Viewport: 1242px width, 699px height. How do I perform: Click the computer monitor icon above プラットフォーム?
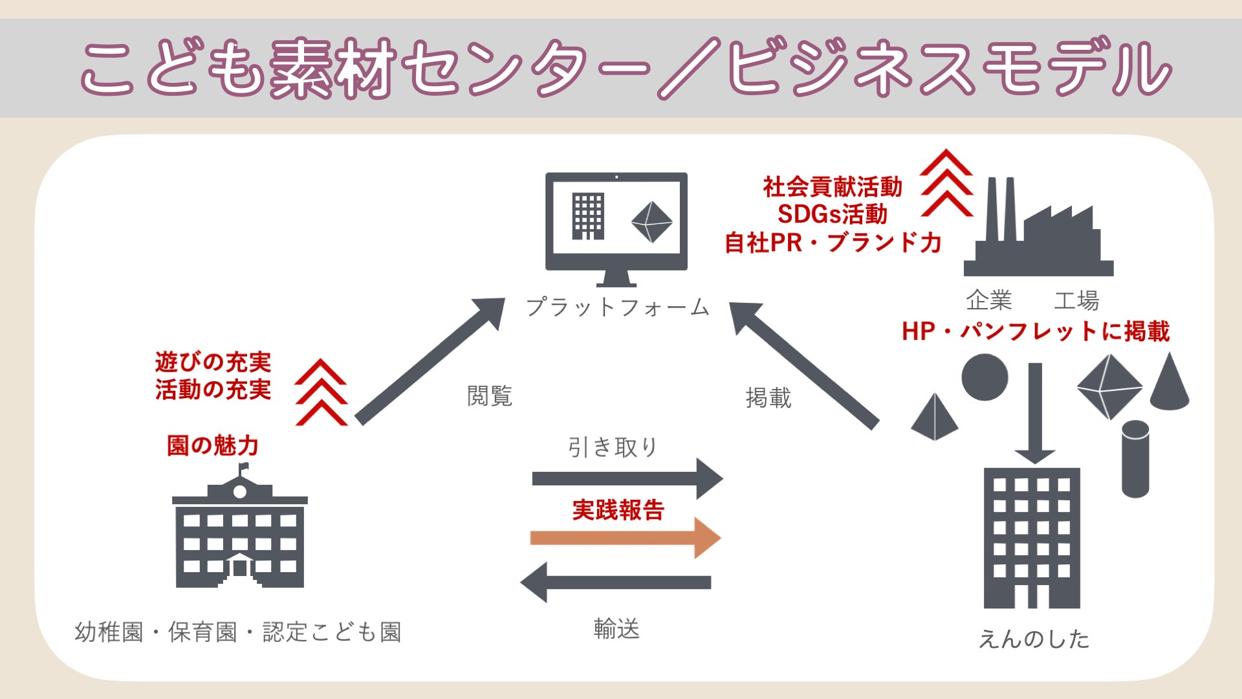click(616, 223)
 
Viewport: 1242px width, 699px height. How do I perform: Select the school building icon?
click(239, 537)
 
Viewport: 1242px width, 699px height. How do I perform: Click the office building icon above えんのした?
click(1032, 537)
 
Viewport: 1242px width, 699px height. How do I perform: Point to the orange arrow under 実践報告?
click(624, 538)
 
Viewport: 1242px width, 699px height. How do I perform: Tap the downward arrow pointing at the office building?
click(1035, 414)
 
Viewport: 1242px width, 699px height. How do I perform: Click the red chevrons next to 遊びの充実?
click(321, 393)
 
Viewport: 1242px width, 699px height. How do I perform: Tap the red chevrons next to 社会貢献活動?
click(946, 183)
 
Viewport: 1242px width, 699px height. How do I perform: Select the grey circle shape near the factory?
click(985, 377)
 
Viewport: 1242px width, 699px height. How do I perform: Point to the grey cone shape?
click(1170, 385)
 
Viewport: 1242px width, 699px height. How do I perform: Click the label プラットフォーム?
click(618, 307)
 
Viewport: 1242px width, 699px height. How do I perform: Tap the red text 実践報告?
click(618, 510)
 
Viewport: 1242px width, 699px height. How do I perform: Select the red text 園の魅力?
click(213, 445)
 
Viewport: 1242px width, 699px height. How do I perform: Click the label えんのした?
click(1034, 639)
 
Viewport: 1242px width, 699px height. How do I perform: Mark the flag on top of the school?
click(244, 467)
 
